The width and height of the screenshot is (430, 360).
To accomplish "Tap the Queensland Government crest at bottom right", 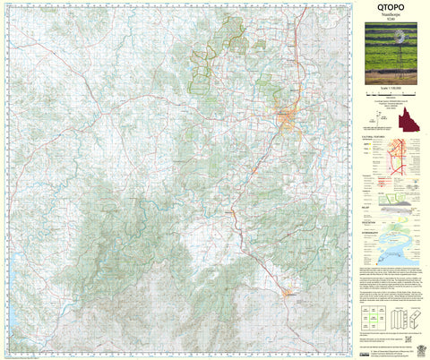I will [x=414, y=344].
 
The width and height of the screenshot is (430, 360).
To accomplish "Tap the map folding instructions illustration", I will [x=404, y=318].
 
